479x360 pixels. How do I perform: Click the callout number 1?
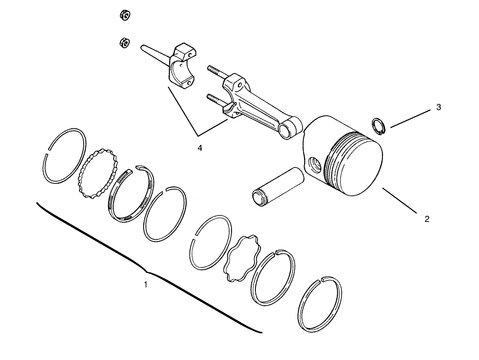tap(145, 284)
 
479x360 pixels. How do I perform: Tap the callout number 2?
tap(427, 219)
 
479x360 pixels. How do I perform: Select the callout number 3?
tap(438, 107)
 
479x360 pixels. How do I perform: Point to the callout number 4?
tap(200, 147)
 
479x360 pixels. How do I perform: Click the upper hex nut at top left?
tap(125, 15)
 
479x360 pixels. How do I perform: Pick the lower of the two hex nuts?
tap(123, 43)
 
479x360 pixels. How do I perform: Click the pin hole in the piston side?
tap(314, 164)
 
